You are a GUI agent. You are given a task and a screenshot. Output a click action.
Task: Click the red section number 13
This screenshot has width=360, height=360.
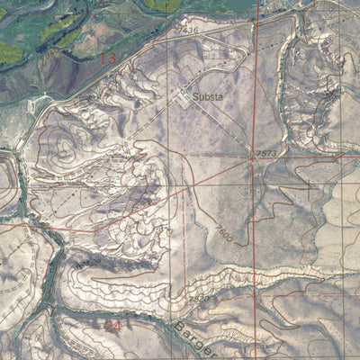click(x=108, y=59)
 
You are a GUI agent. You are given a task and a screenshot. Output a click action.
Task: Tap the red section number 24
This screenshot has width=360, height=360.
click(x=112, y=325)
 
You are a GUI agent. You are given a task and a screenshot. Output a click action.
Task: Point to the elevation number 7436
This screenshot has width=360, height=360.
click(x=187, y=31)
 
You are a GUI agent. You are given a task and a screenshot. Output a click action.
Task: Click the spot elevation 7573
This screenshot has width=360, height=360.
click(x=266, y=154)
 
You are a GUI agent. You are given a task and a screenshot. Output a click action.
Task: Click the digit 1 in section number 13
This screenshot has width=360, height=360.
click(x=103, y=59)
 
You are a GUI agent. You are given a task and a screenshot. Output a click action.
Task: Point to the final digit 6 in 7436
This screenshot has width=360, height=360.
click(x=195, y=31)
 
